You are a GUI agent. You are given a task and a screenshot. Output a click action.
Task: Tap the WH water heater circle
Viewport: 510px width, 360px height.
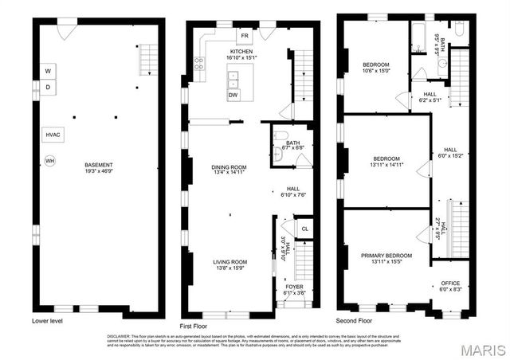pos(49,161)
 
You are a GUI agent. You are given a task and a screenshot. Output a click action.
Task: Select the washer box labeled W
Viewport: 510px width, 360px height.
pos(49,69)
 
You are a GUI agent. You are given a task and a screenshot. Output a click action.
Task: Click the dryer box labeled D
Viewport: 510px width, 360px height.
pos(49,88)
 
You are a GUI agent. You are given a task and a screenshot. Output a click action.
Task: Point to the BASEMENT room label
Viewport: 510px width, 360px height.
pos(99,165)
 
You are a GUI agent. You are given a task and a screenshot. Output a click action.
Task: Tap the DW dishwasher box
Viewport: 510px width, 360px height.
pos(233,95)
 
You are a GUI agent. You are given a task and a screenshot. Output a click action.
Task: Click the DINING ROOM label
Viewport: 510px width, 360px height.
pos(229,167)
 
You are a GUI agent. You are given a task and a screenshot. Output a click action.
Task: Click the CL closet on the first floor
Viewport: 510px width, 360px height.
pos(304,229)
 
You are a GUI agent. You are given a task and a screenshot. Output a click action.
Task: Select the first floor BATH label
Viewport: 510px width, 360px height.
pos(282,144)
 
